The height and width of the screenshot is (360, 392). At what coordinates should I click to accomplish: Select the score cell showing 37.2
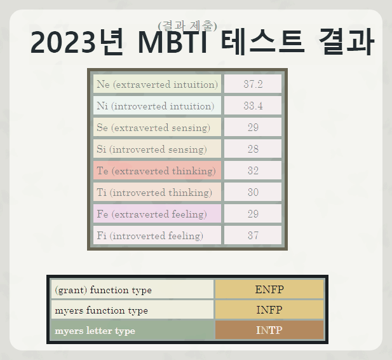pyautogui.click(x=253, y=85)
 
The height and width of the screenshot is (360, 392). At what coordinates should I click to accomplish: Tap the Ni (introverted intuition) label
pyautogui.click(x=156, y=106)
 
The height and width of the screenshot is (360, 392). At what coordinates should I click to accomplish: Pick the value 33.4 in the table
pyautogui.click(x=253, y=106)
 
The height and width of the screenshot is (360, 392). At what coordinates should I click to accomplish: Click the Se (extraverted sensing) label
pyautogui.click(x=154, y=128)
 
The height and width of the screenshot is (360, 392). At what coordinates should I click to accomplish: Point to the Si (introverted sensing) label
pyautogui.click(x=152, y=149)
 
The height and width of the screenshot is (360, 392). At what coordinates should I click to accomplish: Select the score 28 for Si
pyautogui.click(x=253, y=149)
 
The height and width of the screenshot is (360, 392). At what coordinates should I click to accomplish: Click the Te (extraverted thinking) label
pyautogui.click(x=156, y=171)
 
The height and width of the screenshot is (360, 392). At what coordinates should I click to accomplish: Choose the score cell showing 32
pyautogui.click(x=253, y=171)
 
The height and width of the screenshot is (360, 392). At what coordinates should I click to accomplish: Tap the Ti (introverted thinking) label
pyautogui.click(x=154, y=193)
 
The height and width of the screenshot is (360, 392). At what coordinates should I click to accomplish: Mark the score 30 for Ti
pyautogui.click(x=253, y=193)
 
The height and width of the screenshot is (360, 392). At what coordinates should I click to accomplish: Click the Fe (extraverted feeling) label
pyautogui.click(x=152, y=214)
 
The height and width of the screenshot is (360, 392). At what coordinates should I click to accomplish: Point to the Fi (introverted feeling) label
pyautogui.click(x=150, y=236)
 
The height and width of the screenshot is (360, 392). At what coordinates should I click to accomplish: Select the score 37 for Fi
pyautogui.click(x=253, y=236)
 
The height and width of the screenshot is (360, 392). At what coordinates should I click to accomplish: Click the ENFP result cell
pyautogui.click(x=269, y=289)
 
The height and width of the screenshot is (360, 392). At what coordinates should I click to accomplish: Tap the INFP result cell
pyautogui.click(x=269, y=310)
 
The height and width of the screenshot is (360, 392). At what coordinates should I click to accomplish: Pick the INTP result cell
pyautogui.click(x=269, y=331)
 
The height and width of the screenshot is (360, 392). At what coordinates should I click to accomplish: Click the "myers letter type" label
pyautogui.click(x=95, y=331)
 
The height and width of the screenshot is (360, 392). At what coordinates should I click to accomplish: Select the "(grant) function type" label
pyautogui.click(x=104, y=290)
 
